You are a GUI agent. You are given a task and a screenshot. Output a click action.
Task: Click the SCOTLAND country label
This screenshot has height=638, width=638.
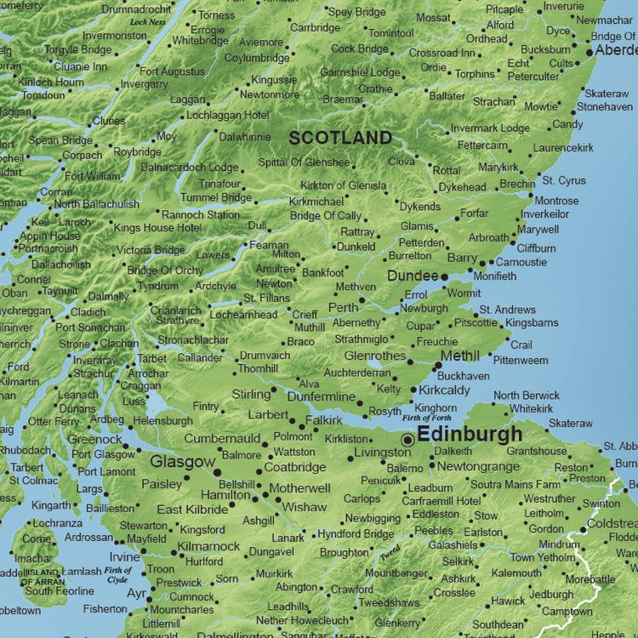(x=340, y=138)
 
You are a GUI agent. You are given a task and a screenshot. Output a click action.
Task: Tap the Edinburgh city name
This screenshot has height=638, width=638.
(x=470, y=435)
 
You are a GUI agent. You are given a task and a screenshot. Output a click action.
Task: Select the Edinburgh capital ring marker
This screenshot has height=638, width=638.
(x=408, y=440)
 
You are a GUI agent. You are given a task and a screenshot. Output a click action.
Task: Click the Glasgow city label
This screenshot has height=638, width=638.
(x=183, y=462)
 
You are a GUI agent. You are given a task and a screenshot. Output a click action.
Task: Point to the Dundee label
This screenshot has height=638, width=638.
(x=413, y=276)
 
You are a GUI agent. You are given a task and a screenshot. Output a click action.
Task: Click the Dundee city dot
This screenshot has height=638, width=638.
(x=444, y=276)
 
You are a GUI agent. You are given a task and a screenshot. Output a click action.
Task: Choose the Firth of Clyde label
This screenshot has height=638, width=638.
(x=119, y=574)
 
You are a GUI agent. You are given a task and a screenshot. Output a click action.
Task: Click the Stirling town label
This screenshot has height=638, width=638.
(x=251, y=395)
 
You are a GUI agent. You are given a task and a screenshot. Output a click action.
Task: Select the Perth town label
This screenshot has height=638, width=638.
(x=344, y=308)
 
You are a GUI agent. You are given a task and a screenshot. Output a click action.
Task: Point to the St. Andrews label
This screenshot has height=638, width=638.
(x=508, y=310)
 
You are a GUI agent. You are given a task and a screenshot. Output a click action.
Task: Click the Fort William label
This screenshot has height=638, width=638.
(x=93, y=176)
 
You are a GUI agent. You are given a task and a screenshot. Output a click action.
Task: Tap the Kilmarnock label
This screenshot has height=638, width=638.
(x=210, y=547)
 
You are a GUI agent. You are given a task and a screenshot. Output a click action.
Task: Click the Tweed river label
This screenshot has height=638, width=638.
(x=390, y=553)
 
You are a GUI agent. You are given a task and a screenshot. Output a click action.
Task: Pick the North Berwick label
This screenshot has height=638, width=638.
(x=527, y=396)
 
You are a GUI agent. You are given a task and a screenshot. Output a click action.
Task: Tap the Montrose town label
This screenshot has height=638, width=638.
(x=556, y=201)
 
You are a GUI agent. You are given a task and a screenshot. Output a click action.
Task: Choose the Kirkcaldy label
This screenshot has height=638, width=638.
(x=445, y=390)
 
